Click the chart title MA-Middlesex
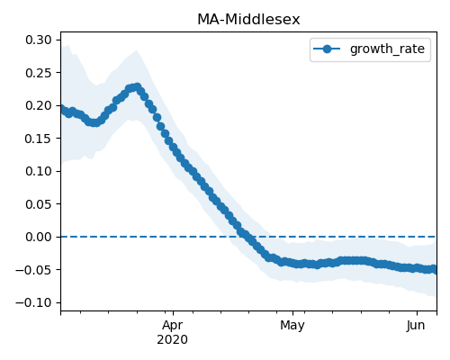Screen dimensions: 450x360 pos(248,20)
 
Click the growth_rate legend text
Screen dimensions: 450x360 pos(387,49)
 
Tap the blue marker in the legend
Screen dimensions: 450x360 pos(327,49)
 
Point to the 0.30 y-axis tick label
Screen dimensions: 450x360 pos(39,40)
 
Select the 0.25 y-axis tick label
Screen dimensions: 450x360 pos(39,73)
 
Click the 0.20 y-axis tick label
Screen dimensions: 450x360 pos(39,105)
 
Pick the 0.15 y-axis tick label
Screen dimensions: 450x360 pos(39,139)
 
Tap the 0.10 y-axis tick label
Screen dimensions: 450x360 pos(39,171)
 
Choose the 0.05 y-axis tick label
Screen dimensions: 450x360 pos(39,204)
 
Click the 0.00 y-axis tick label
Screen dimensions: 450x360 pos(39,237)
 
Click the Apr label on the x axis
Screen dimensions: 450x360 pos(173,326)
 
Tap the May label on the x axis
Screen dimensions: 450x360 pos(292,326)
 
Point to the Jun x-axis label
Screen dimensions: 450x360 pos(416,325)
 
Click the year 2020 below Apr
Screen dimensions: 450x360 pos(173,339)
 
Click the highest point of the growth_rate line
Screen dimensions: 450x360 pos(138,87)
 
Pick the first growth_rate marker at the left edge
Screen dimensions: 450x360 pos(62,109)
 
